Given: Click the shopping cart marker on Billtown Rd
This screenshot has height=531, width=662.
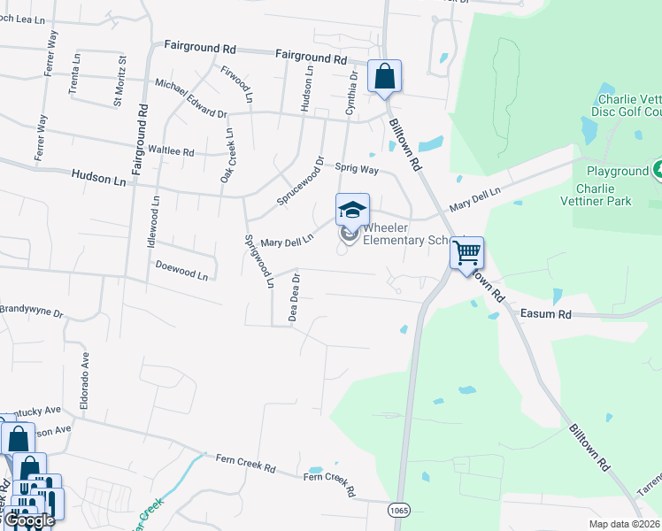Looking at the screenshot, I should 466,253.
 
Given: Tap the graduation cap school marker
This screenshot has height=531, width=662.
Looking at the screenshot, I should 351,210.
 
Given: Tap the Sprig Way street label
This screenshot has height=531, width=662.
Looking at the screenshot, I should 357,168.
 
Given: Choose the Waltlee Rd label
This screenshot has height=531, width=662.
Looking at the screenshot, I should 172,151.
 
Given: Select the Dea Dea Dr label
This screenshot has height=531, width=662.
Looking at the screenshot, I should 296,296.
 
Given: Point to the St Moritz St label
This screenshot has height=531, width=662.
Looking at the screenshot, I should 119,81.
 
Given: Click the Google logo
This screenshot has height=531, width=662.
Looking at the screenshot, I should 28,520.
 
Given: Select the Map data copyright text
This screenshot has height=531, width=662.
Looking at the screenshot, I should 625,524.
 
